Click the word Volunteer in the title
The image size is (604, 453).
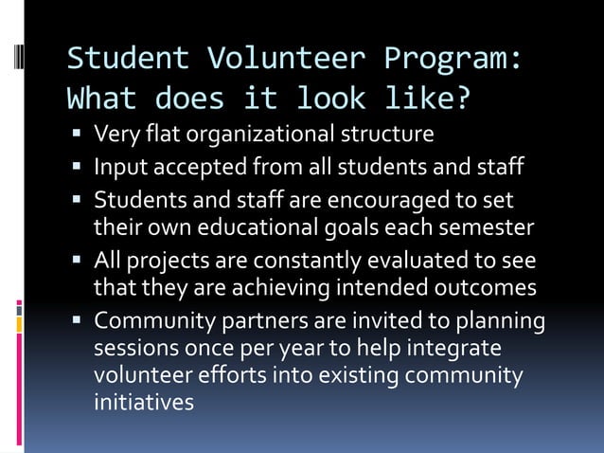(273, 59)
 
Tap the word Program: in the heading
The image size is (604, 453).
(453, 59)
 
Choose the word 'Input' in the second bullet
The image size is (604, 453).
(117, 169)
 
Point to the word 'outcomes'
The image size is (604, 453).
(491, 287)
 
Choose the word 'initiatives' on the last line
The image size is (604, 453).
(144, 401)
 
